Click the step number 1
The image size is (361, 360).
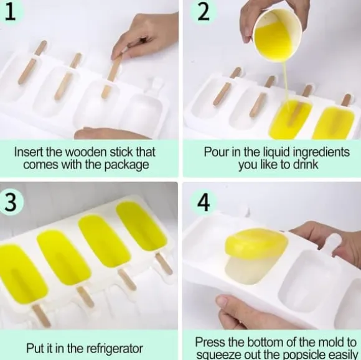10,11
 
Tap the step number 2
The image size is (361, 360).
203,12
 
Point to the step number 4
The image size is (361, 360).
204,203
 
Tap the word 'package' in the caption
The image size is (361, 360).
126,165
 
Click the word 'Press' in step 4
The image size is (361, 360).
208,342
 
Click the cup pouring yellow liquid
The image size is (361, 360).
278,35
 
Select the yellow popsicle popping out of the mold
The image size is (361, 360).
256,256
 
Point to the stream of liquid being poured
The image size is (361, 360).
286,83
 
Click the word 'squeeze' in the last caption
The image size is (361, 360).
213,355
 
